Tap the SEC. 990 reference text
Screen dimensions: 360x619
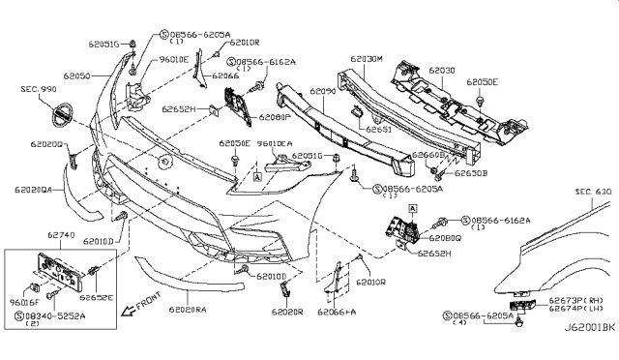tap(40, 88)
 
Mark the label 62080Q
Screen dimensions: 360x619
tap(440, 235)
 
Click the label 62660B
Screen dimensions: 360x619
tap(427, 155)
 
